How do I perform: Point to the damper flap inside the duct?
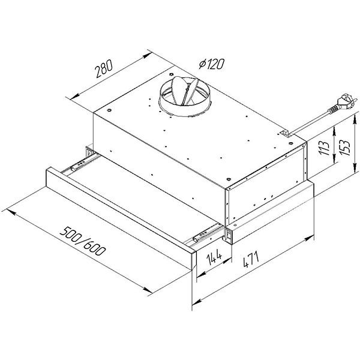182,90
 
